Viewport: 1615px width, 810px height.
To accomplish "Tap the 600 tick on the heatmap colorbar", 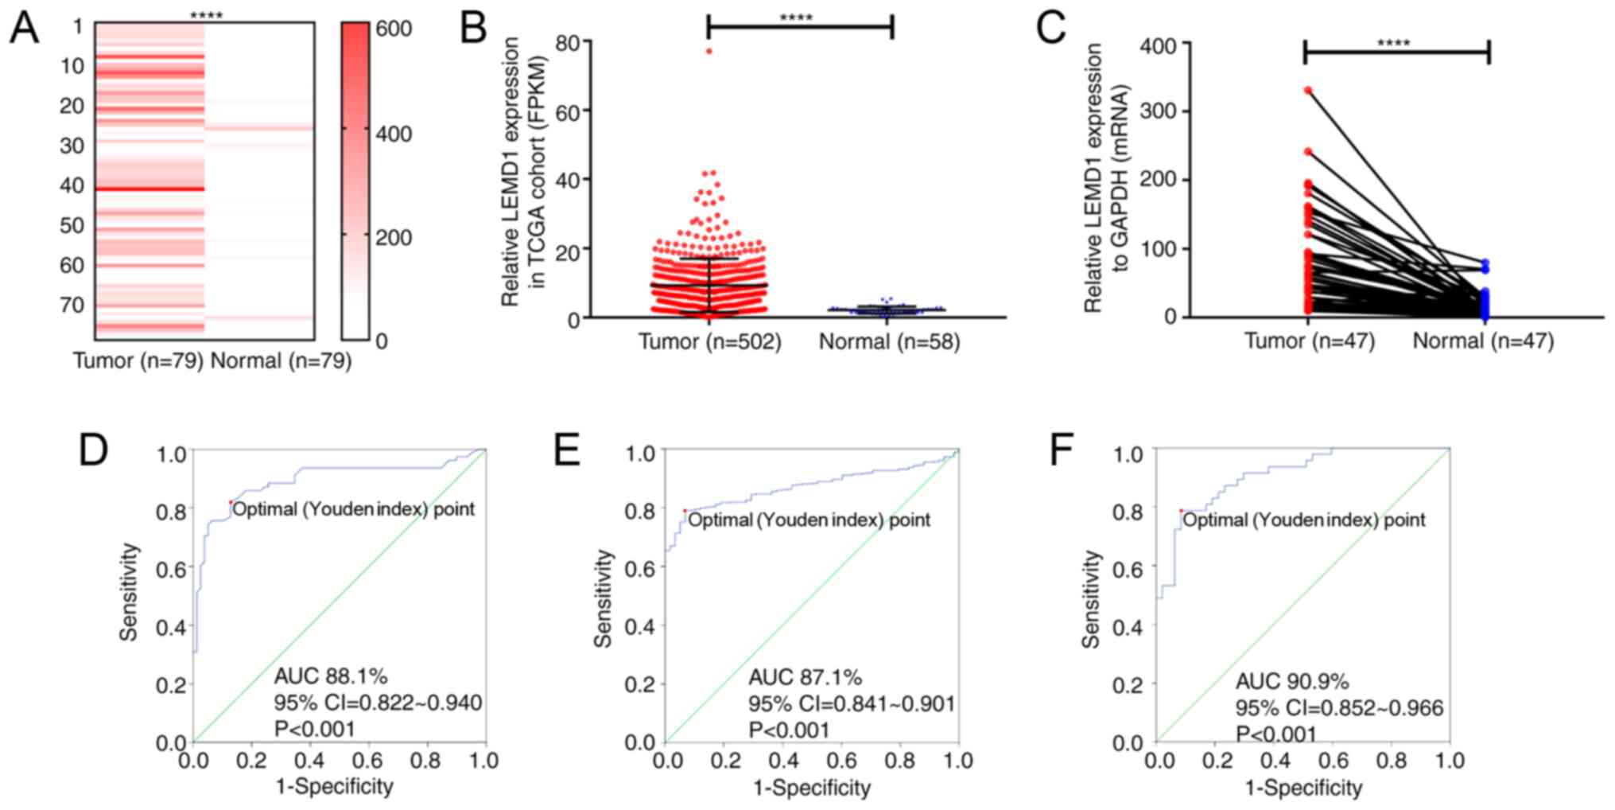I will click(x=394, y=29).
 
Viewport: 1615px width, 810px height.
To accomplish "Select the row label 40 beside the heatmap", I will click(x=72, y=185).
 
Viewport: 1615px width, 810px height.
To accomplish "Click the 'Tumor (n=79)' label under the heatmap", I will click(x=138, y=361).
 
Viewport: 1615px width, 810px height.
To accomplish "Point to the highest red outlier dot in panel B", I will click(x=709, y=52).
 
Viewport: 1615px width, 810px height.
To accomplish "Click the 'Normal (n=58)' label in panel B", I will click(x=889, y=342).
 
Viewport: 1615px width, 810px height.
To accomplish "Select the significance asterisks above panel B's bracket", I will click(x=796, y=18).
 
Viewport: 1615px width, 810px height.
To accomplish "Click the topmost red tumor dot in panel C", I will click(x=1308, y=91).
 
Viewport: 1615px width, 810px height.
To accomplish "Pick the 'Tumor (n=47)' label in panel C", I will click(x=1309, y=341).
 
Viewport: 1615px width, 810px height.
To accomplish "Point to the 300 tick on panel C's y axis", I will click(x=1159, y=111).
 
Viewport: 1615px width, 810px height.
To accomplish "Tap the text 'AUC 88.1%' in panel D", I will click(x=331, y=676).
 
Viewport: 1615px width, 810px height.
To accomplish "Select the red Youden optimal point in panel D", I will click(x=231, y=502).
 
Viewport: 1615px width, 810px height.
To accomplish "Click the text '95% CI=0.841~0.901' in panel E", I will click(x=851, y=703).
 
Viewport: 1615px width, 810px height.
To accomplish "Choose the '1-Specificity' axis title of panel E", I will click(x=811, y=788).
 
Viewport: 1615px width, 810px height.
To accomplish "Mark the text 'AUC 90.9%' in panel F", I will click(x=1291, y=681).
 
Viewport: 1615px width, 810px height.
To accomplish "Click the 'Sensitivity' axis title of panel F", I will click(x=1091, y=598).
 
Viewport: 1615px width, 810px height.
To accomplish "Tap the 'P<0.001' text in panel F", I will click(x=1275, y=734).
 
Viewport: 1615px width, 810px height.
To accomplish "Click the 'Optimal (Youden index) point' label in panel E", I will click(x=809, y=520).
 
